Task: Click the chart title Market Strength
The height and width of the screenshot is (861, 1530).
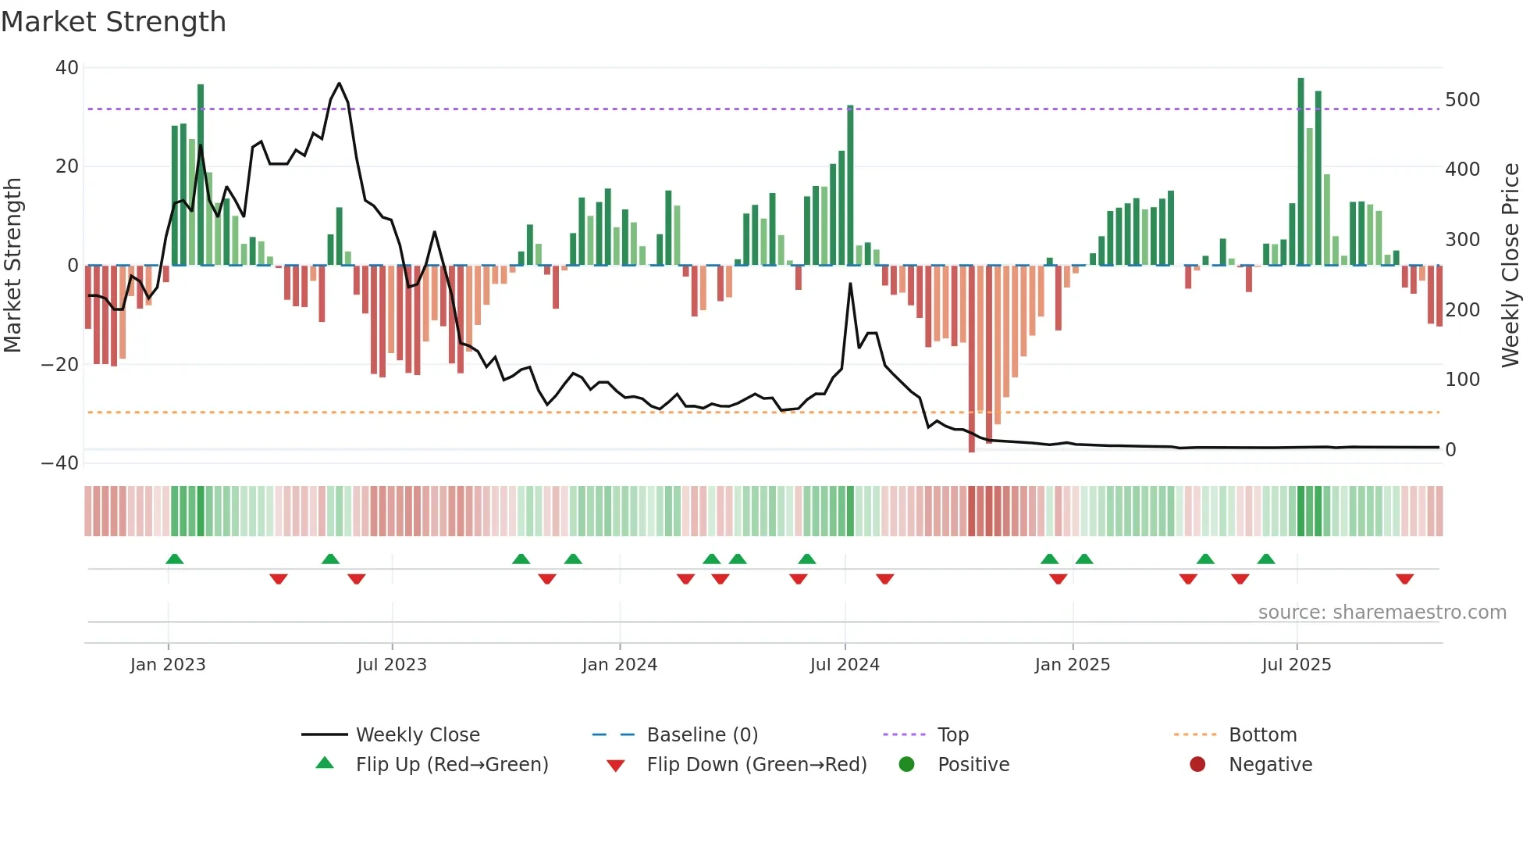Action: (113, 22)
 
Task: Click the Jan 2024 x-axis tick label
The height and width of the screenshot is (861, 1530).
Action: (619, 665)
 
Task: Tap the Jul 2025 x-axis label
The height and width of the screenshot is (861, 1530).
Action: (1296, 665)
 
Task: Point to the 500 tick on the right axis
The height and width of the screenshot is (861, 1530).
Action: (1462, 100)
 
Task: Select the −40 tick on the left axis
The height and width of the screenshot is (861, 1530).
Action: (60, 463)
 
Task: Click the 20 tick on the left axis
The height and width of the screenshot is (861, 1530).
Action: (66, 166)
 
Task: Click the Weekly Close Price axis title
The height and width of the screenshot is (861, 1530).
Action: (1510, 266)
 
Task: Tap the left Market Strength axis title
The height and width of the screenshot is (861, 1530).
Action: (12, 266)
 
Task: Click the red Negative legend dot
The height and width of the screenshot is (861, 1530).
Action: (1197, 765)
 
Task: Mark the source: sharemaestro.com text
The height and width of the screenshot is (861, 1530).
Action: (1382, 613)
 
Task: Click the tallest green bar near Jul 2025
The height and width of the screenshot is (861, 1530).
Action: (1300, 172)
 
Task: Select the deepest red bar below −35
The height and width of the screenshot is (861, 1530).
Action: (971, 359)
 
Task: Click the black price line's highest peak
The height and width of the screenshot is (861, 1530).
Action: (339, 84)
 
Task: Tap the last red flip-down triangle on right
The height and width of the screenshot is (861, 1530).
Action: (1404, 579)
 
